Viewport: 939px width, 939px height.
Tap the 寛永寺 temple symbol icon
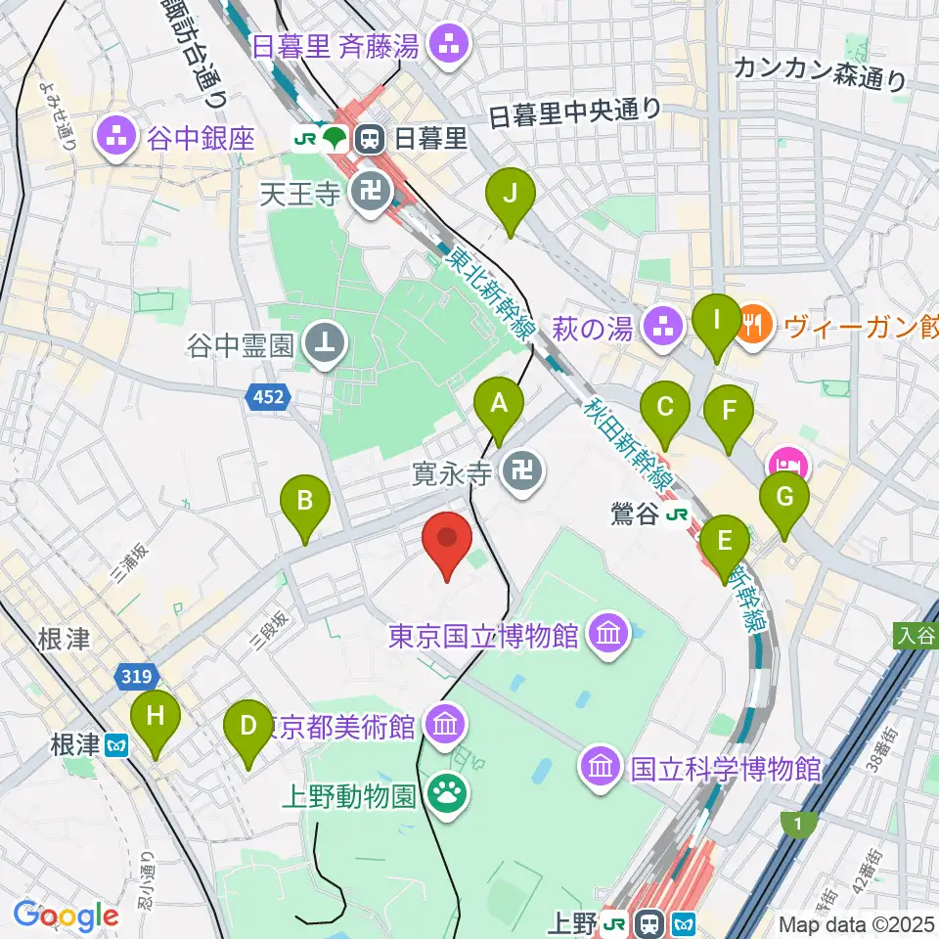point(518,475)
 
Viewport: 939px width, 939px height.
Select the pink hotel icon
point(788,461)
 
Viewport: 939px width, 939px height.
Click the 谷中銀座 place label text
point(201,138)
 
